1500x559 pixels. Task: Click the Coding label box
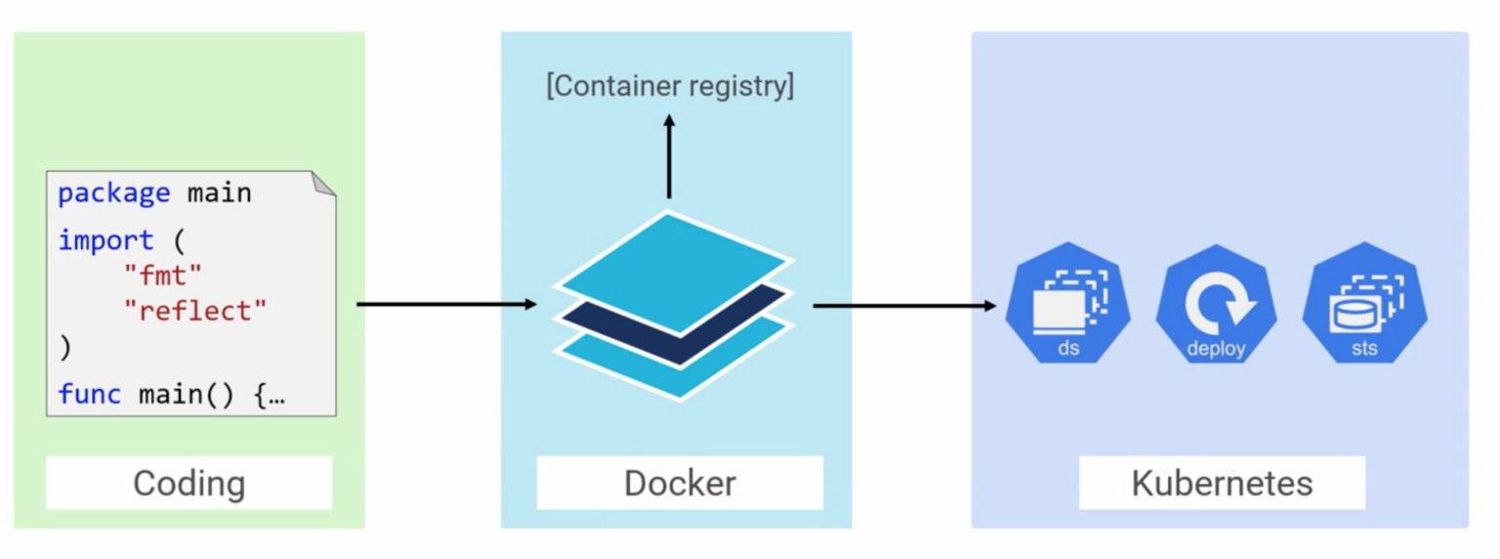[188, 483]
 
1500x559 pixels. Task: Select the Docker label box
[680, 483]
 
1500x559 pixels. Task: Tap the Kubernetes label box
[1221, 483]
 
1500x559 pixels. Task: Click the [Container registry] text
[670, 86]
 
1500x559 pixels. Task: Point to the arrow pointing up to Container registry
[669, 156]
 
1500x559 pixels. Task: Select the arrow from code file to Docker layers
[446, 304]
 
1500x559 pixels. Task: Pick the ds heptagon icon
[1068, 304]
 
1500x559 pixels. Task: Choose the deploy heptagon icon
[1216, 304]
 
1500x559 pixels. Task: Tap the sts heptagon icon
[1364, 304]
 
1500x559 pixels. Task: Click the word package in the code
[113, 193]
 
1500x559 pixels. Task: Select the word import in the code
[105, 240]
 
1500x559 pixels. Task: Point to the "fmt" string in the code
[162, 276]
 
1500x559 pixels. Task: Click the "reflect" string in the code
[194, 311]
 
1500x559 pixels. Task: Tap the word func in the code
[90, 394]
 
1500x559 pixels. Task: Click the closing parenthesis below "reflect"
[65, 347]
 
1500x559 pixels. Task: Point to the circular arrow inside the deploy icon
[1215, 302]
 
